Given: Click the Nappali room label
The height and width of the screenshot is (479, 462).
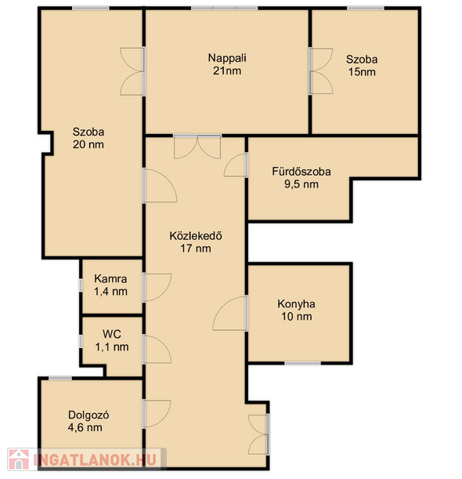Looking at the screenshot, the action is (227, 58).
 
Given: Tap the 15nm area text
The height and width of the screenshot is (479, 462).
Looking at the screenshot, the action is (362, 72).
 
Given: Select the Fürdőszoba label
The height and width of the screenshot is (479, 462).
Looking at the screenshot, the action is (301, 172).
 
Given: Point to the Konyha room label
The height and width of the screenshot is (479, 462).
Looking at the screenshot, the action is (296, 304).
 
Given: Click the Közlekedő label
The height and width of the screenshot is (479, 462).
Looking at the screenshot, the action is (196, 235).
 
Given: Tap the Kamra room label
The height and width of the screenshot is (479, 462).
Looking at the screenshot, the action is (110, 278).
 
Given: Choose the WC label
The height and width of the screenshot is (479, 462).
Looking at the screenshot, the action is (112, 334).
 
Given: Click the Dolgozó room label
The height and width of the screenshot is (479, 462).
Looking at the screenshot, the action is (88, 415).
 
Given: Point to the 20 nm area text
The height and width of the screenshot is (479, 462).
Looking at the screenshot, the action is (88, 144).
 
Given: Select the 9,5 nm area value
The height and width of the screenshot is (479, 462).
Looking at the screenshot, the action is (301, 184).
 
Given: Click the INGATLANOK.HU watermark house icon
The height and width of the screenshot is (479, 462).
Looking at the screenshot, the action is (19, 459).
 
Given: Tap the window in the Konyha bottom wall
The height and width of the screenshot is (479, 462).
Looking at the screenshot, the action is (303, 363).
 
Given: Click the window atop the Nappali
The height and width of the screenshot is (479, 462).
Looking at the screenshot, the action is (225, 8).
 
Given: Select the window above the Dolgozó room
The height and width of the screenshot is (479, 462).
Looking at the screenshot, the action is (60, 379).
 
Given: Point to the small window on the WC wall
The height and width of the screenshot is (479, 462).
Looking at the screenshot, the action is (81, 341).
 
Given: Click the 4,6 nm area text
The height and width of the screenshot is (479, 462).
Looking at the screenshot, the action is (85, 427).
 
